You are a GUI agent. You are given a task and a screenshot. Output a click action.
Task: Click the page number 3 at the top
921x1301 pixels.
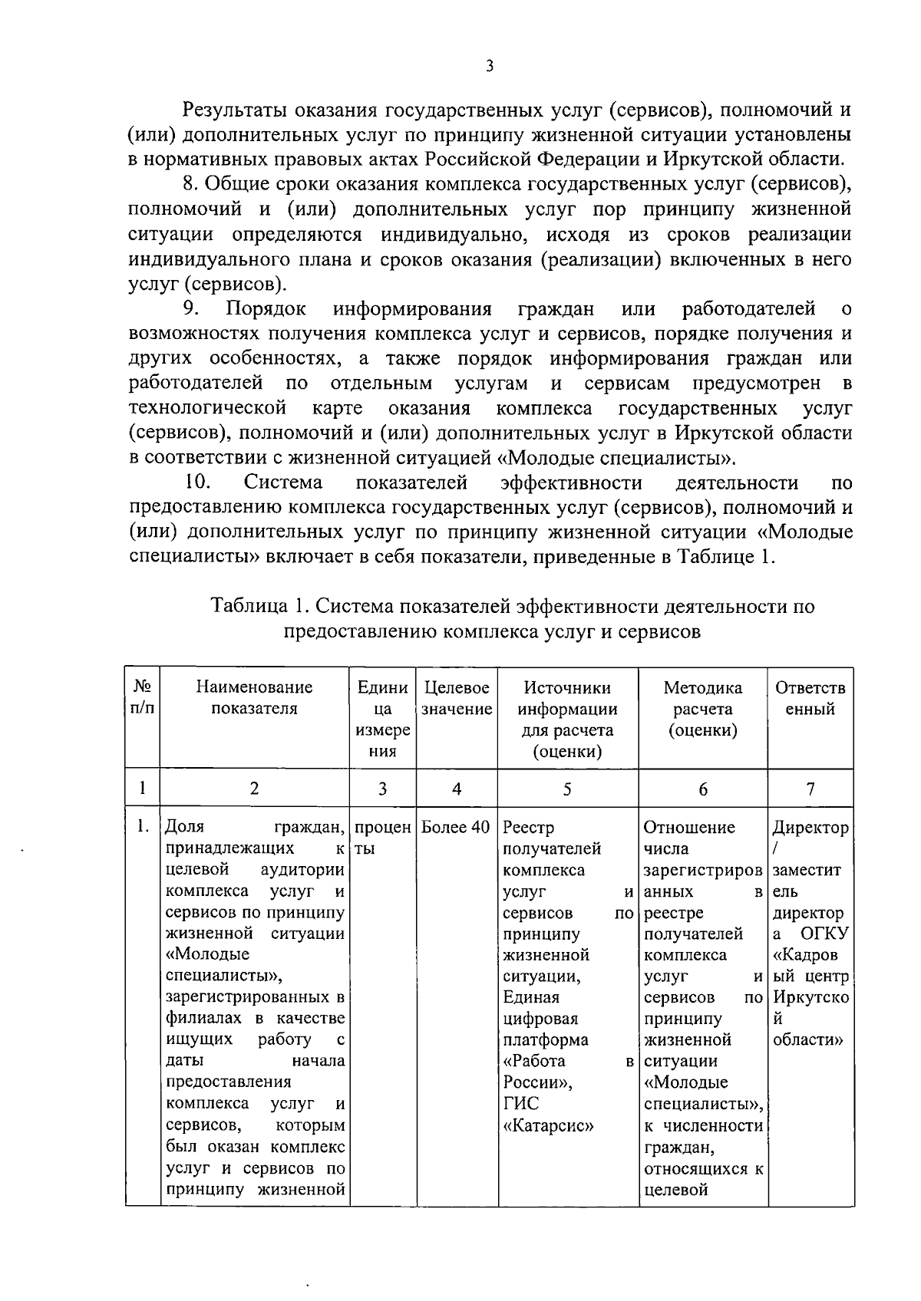point(490,67)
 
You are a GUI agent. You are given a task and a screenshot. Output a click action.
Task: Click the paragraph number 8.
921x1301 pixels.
point(190,184)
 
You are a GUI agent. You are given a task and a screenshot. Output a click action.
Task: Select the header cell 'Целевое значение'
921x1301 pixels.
point(457,698)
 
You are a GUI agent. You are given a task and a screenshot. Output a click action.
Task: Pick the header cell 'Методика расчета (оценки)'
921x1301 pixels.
point(702,709)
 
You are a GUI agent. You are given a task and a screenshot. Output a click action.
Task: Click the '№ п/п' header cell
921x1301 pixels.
point(142,698)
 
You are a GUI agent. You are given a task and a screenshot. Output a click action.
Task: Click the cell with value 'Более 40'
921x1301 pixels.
point(457,828)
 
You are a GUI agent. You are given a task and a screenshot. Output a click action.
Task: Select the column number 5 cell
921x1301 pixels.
point(567,789)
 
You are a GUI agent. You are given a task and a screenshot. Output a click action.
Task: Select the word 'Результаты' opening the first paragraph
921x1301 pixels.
point(236,110)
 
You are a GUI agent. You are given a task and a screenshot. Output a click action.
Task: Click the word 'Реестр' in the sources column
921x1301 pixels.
point(528,828)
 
